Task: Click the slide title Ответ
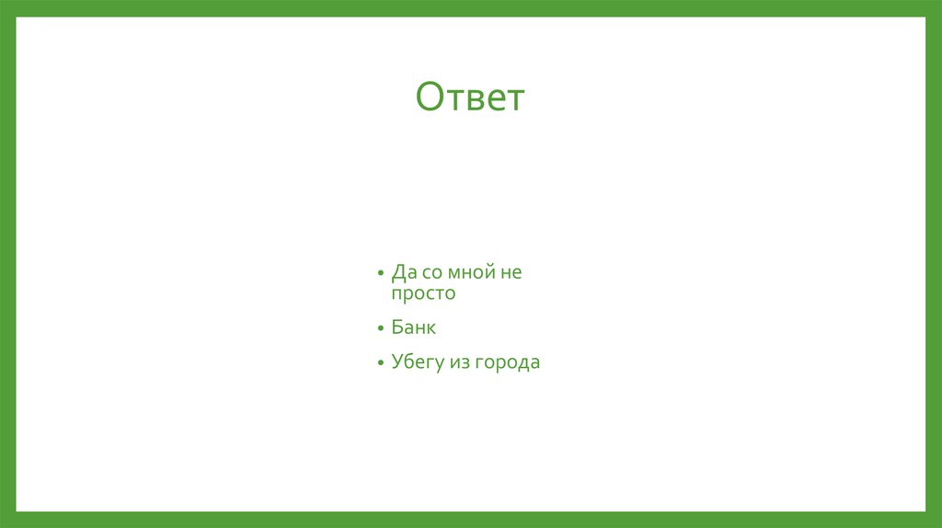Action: pos(469,97)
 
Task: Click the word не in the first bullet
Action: pos(511,272)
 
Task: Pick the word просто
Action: pos(423,294)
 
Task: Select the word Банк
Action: pos(413,327)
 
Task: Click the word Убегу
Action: pos(417,363)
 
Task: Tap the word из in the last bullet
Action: pos(459,362)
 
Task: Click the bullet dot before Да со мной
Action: pos(380,274)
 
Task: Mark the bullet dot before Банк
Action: pos(380,328)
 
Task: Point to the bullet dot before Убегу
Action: pos(380,363)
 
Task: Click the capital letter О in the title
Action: pos(430,97)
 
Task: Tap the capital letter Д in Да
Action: pos(398,272)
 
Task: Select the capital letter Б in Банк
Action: pos(396,327)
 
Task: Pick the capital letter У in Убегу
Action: pos(396,362)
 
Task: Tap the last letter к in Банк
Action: pos(431,328)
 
